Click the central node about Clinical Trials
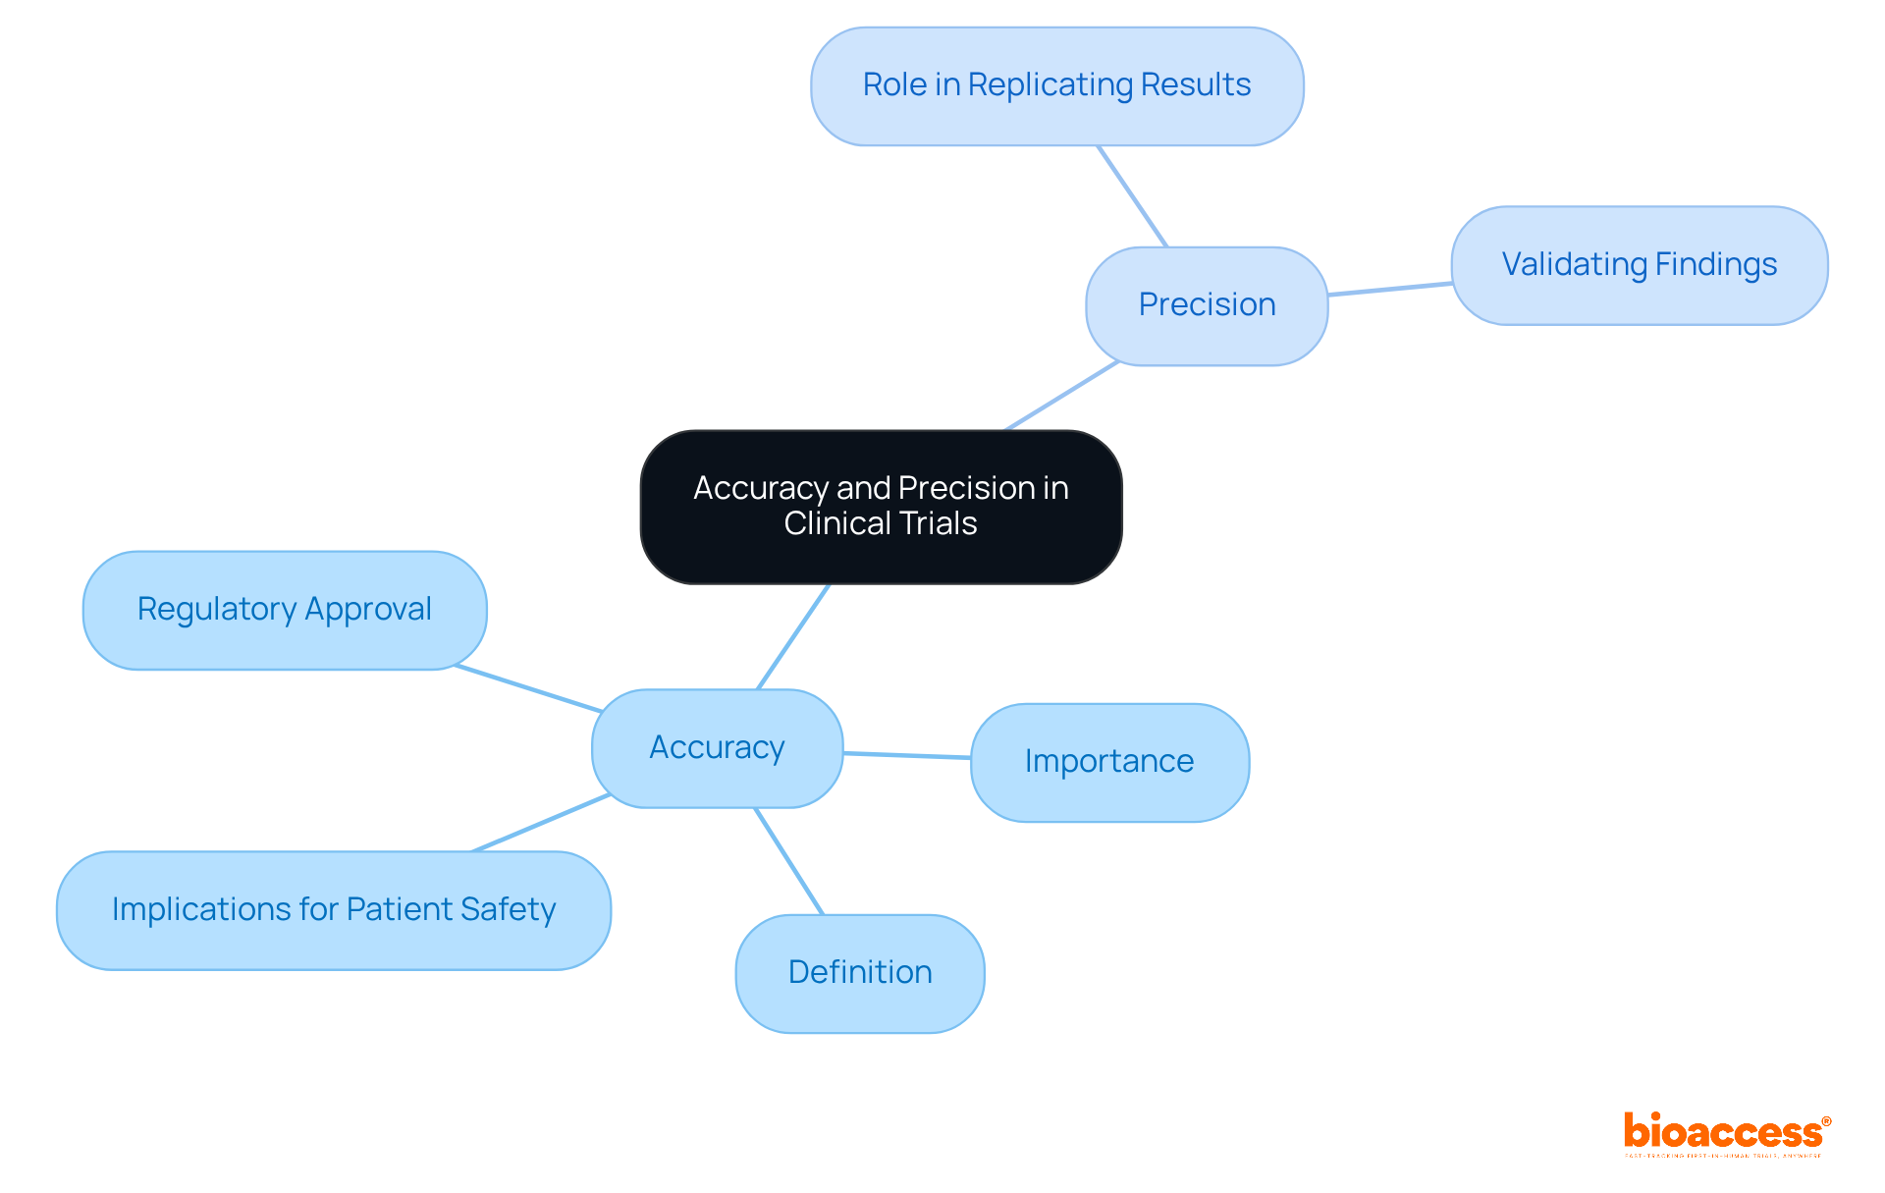(x=881, y=507)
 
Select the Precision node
(x=1207, y=305)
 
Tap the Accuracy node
(x=717, y=748)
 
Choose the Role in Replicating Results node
(x=1056, y=85)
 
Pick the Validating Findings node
(x=1639, y=265)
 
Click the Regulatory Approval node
(x=285, y=610)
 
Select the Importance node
(x=1109, y=762)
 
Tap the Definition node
(x=860, y=973)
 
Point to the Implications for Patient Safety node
(x=334, y=910)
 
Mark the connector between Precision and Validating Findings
(x=1390, y=289)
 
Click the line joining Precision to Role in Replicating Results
(x=1132, y=196)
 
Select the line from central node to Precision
(x=1062, y=396)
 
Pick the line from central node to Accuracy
(x=793, y=636)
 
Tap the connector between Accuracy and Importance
(x=907, y=755)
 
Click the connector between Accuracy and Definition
(x=788, y=861)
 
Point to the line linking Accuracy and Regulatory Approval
(x=528, y=688)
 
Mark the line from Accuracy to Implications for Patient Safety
(x=541, y=823)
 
